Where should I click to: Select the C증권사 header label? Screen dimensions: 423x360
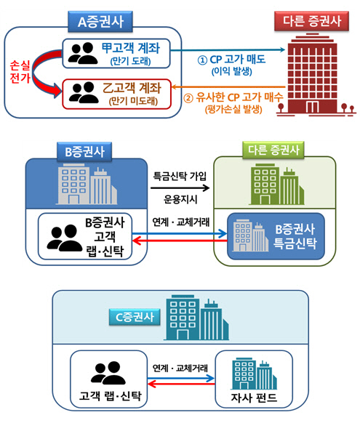coord(134,316)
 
